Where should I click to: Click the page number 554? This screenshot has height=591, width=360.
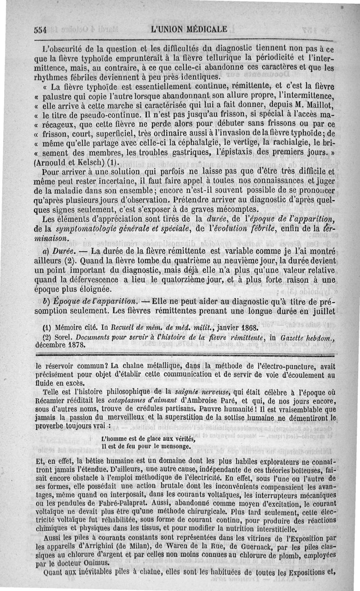(x=41, y=30)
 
